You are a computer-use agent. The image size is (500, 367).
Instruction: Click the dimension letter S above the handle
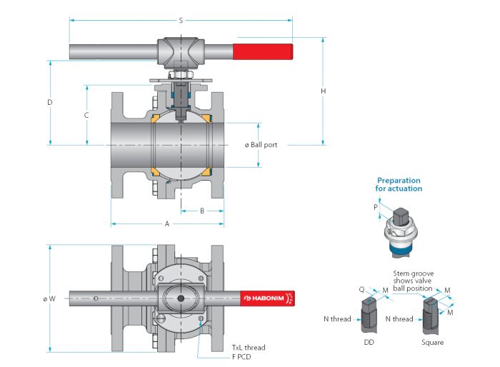(x=181, y=21)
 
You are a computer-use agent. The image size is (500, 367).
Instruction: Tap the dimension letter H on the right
(x=324, y=91)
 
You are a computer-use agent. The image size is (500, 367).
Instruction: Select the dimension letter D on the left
(x=50, y=102)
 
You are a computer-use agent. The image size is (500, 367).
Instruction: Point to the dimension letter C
(x=86, y=115)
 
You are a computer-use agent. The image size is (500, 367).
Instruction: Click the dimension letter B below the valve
(x=202, y=211)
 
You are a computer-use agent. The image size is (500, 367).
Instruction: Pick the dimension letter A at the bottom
(x=166, y=223)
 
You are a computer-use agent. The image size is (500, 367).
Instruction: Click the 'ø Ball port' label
(x=261, y=145)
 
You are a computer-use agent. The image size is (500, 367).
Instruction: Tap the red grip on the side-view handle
(x=263, y=51)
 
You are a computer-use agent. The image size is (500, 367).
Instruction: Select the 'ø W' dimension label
(x=49, y=298)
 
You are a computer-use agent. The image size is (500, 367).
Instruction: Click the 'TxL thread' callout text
(x=249, y=347)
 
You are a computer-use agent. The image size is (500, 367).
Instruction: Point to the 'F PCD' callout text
(x=241, y=357)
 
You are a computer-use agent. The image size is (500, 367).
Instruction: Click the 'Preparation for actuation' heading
(x=399, y=184)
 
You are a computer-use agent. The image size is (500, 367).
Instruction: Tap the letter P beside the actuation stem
(x=376, y=207)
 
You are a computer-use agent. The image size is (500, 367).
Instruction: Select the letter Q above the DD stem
(x=361, y=289)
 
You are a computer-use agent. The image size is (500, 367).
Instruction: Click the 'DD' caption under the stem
(x=369, y=342)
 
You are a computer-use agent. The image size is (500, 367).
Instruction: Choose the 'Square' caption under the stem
(x=432, y=343)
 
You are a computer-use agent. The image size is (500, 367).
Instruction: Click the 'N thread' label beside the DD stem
(x=337, y=319)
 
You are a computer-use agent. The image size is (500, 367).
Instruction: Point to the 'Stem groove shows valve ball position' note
(x=414, y=281)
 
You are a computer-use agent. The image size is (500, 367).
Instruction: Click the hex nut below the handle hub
(x=181, y=74)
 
